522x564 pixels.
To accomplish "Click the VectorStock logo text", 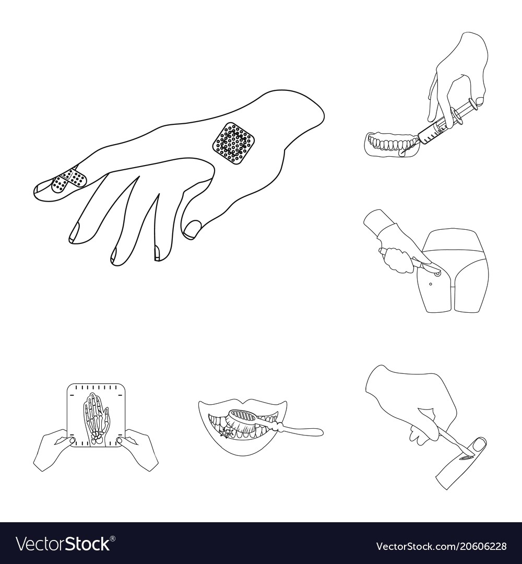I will click(63, 544).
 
